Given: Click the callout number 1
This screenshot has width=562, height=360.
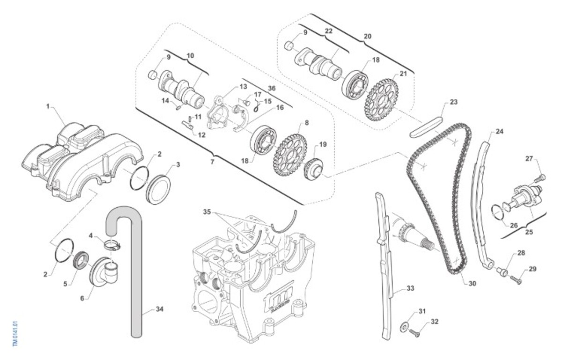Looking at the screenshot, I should [x=48, y=106].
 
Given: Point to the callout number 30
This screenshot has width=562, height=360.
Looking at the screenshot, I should [x=472, y=284].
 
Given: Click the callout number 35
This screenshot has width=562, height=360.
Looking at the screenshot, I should [x=207, y=211].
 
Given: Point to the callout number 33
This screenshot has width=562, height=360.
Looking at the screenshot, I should [x=410, y=288].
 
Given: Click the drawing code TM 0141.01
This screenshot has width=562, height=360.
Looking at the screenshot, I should [x=15, y=333].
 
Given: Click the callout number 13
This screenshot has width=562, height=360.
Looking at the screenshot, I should [x=243, y=87].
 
